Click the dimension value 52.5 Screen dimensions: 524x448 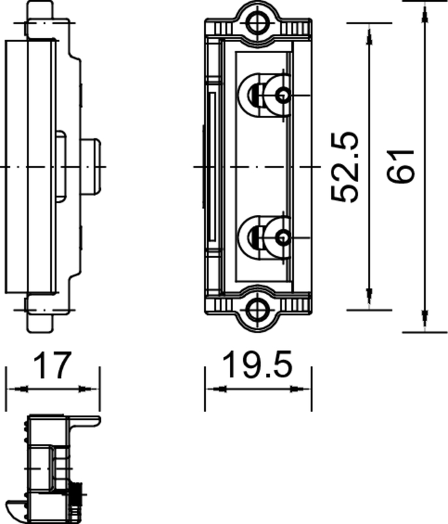pyautogui.click(x=345, y=167)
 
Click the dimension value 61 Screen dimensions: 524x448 pyautogui.click(x=401, y=166)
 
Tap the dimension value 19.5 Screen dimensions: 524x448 pyautogui.click(x=257, y=365)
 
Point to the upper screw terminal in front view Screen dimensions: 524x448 pyautogui.click(x=282, y=96)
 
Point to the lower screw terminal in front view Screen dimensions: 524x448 pyautogui.click(x=282, y=237)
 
